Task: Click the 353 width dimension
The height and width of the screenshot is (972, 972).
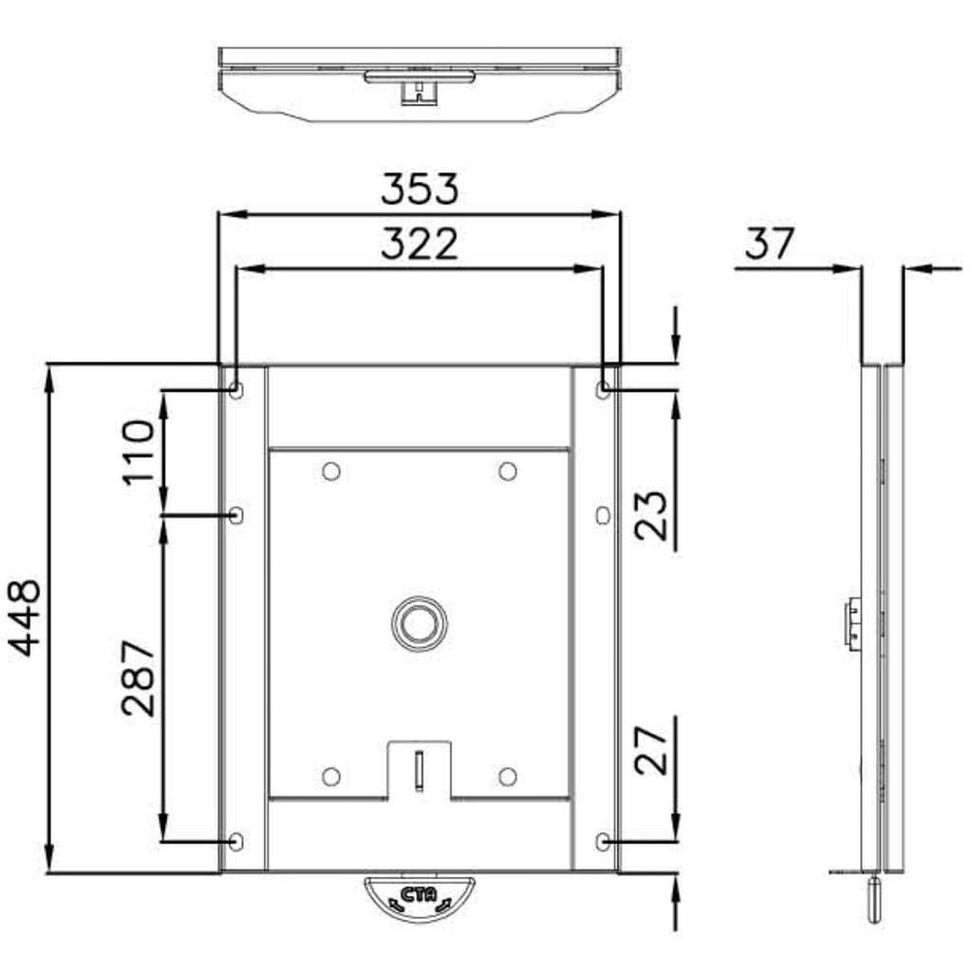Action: click(x=420, y=189)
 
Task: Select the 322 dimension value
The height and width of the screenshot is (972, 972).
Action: click(x=420, y=244)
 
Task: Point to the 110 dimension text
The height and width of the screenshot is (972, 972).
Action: click(x=138, y=452)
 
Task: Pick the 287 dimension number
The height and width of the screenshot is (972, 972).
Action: click(x=138, y=678)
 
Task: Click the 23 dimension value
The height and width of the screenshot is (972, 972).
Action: click(x=651, y=515)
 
